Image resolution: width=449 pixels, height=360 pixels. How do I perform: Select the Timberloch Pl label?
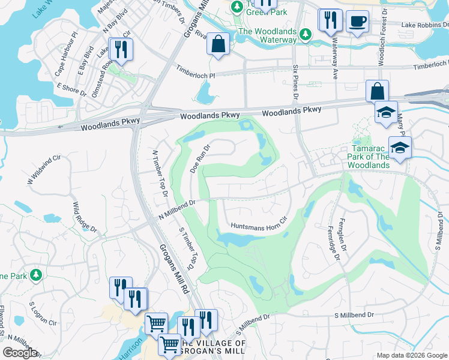[195, 73]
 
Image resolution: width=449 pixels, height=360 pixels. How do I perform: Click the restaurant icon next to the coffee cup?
[330, 20]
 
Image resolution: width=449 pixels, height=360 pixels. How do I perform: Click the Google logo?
[20, 353]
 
